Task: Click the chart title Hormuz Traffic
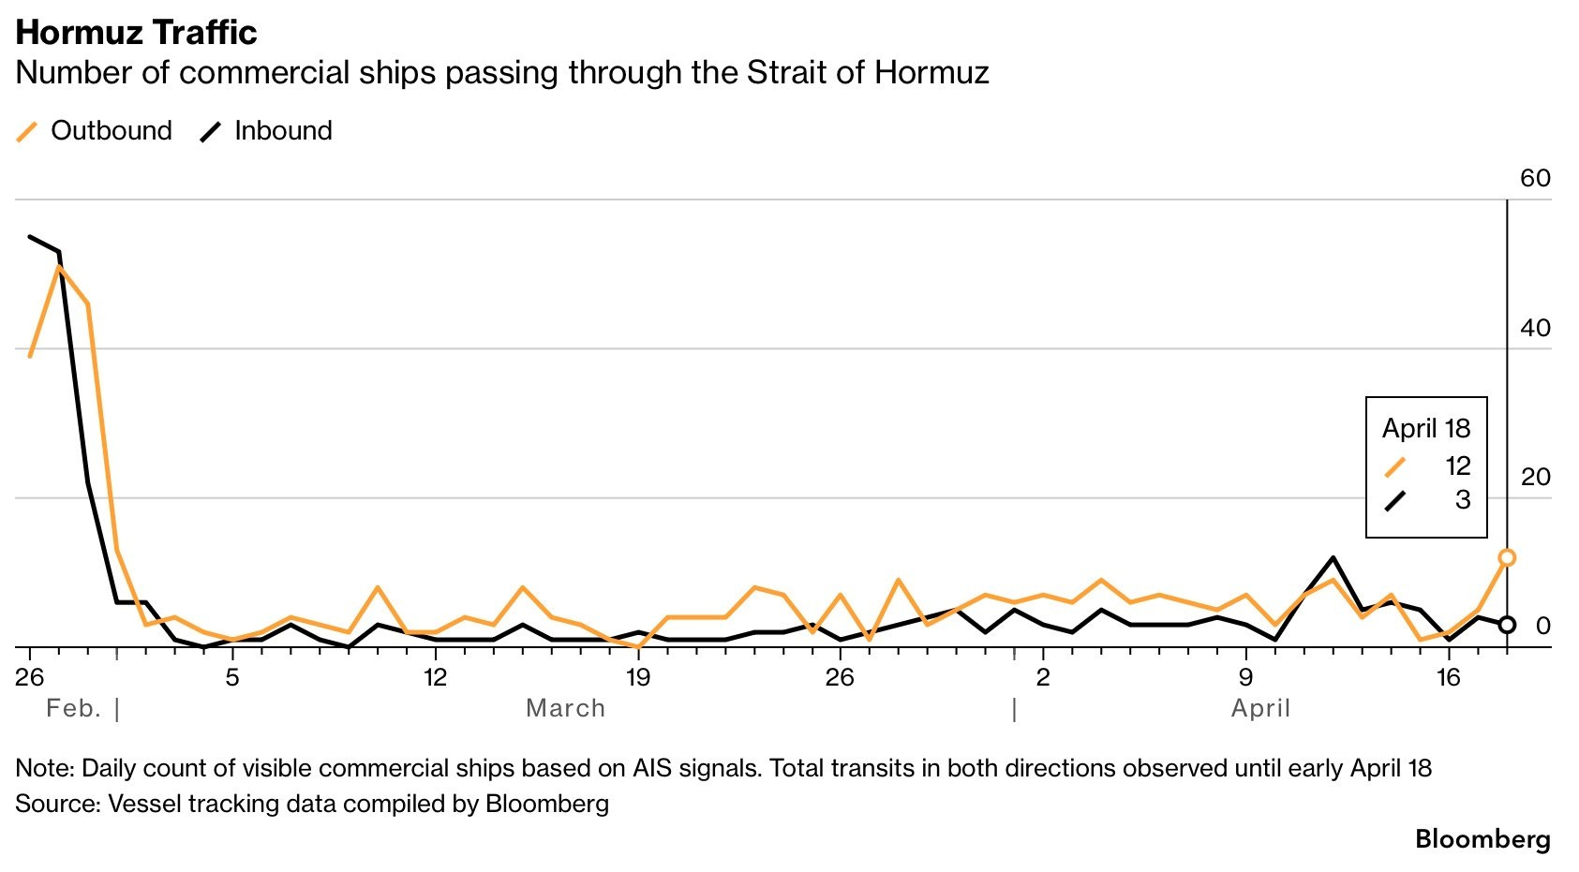click(136, 32)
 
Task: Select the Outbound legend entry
click(111, 130)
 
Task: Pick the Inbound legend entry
click(282, 130)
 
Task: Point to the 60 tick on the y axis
click(1535, 178)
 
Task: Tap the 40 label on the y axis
click(1535, 328)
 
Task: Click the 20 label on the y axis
click(1535, 477)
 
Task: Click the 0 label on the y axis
click(1542, 626)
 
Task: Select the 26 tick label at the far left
click(30, 677)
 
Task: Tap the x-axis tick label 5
click(232, 677)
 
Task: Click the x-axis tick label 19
click(637, 677)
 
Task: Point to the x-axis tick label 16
click(1448, 677)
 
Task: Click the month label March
click(565, 708)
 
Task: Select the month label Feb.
click(73, 708)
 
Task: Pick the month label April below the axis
click(1260, 708)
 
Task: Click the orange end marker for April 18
click(1507, 557)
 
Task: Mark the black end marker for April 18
click(1507, 625)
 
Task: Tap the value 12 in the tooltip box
click(1457, 466)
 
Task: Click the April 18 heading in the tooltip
click(1426, 428)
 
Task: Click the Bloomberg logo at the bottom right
click(1482, 838)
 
